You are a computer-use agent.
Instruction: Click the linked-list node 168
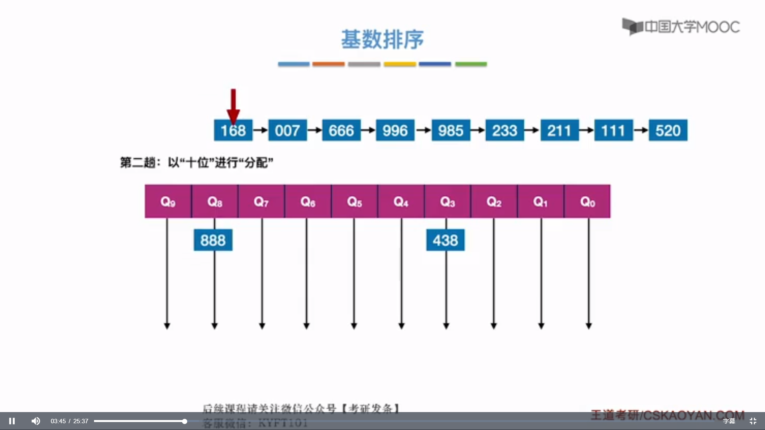233,130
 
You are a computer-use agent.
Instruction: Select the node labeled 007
287,130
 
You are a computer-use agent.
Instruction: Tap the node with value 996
395,130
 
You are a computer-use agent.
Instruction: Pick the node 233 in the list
504,130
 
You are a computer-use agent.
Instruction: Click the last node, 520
668,130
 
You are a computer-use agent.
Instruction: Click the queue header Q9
168,201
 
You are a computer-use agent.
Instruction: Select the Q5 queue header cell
354,201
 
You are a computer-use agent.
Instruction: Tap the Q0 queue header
587,201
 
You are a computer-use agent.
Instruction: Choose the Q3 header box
447,201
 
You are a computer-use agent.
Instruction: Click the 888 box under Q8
213,240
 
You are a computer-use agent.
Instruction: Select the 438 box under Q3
445,240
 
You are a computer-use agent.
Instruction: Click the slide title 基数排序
382,39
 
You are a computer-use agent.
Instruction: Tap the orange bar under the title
328,64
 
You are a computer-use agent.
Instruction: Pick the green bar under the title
471,64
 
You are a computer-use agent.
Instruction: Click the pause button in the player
12,421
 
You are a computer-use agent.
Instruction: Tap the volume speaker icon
35,421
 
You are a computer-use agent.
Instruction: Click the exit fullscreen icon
753,421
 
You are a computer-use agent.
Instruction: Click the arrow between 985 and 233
478,130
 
